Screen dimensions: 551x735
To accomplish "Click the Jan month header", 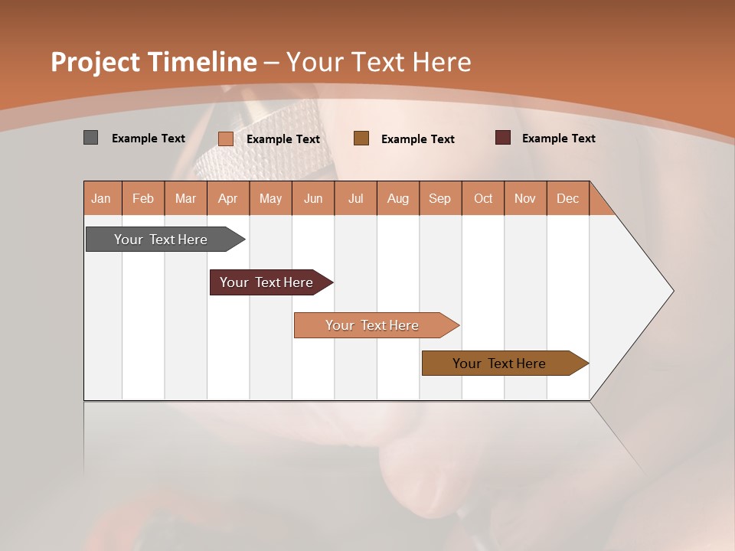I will tap(101, 198).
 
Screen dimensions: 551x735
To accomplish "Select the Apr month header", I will tap(227, 198).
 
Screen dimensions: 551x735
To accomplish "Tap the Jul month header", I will tap(355, 198).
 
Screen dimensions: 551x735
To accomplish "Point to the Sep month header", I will tap(439, 198).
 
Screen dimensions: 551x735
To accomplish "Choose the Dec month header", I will tap(567, 198).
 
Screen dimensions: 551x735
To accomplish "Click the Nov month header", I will tap(524, 198).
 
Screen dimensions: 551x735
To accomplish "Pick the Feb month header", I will tap(143, 198).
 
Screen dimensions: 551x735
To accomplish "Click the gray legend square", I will tap(90, 138).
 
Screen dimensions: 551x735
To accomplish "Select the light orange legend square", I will tap(225, 139).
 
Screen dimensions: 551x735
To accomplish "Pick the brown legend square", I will tap(361, 138).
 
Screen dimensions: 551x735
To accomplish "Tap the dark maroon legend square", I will tap(503, 138).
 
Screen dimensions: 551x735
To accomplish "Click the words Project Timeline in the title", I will tap(153, 62).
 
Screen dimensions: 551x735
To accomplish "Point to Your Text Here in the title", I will tap(378, 62).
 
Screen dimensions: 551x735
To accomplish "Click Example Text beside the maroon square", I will tap(558, 139).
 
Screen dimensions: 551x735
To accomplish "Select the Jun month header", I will tap(313, 198).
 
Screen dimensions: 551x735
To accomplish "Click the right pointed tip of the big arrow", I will tap(671, 291).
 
